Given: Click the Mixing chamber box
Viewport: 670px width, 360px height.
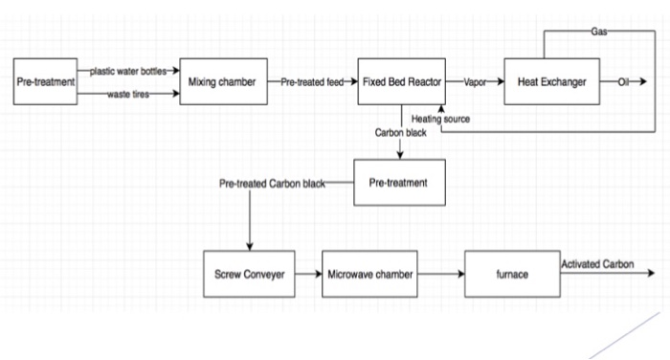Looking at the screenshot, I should [223, 82].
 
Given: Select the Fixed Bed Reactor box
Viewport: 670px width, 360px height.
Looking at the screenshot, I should [399, 82].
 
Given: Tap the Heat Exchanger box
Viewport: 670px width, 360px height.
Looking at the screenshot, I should [552, 82].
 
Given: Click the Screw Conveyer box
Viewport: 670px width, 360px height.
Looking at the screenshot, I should [248, 275].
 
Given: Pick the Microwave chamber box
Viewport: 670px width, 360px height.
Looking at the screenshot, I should [370, 275].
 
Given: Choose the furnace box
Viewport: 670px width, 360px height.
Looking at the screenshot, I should [511, 275].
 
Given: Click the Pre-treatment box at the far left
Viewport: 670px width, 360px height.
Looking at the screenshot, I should [46, 82].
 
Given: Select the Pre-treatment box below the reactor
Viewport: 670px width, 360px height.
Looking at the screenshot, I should [400, 182].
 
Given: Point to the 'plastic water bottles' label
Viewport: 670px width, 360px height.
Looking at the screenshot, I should [128, 72].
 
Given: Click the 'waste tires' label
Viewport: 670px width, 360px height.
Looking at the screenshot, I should [127, 94].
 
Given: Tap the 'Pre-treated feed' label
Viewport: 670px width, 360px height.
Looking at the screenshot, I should [312, 83].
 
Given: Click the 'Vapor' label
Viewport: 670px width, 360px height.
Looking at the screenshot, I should [475, 83].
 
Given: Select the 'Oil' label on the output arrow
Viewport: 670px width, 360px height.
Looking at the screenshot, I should [623, 83].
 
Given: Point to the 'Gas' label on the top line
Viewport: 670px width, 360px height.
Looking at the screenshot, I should [599, 31].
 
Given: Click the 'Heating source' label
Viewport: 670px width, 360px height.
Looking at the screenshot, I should [440, 118].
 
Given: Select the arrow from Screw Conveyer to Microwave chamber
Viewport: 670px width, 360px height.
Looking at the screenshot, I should [306, 275].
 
